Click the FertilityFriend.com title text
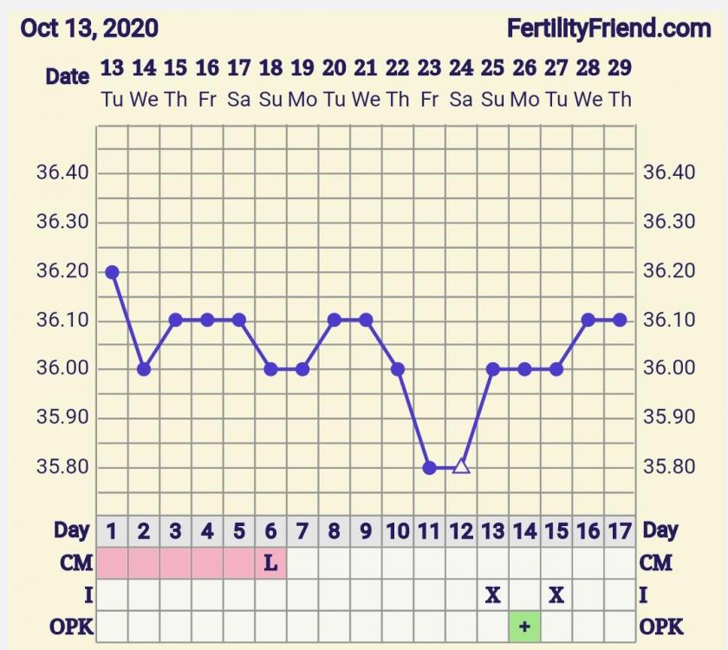pos(609,28)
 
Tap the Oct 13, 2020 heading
pos(89,28)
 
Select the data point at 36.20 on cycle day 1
pos(112,271)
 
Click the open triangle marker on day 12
pos(461,467)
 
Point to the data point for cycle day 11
pos(429,468)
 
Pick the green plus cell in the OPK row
pos(524,627)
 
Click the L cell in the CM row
pos(270,562)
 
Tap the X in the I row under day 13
pos(493,595)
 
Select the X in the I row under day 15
pos(556,595)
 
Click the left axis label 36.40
pos(62,172)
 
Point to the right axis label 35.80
pos(668,467)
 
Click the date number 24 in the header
pos(461,68)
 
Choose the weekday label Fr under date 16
pos(207,100)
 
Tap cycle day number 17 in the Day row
pos(620,530)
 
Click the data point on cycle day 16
pos(588,320)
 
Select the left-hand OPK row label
pos(71,627)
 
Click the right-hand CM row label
pos(656,562)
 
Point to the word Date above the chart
pos(68,76)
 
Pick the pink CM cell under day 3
pos(175,562)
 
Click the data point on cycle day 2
pos(144,369)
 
